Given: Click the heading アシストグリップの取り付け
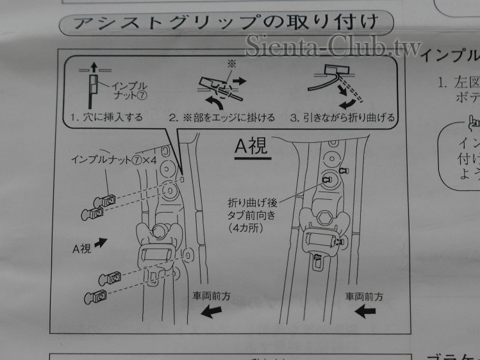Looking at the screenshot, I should point(225,25).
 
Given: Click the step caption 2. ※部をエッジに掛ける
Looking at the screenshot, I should point(222,117).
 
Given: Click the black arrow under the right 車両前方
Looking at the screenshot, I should point(365,311).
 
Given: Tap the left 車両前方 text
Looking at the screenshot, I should point(211,296).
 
